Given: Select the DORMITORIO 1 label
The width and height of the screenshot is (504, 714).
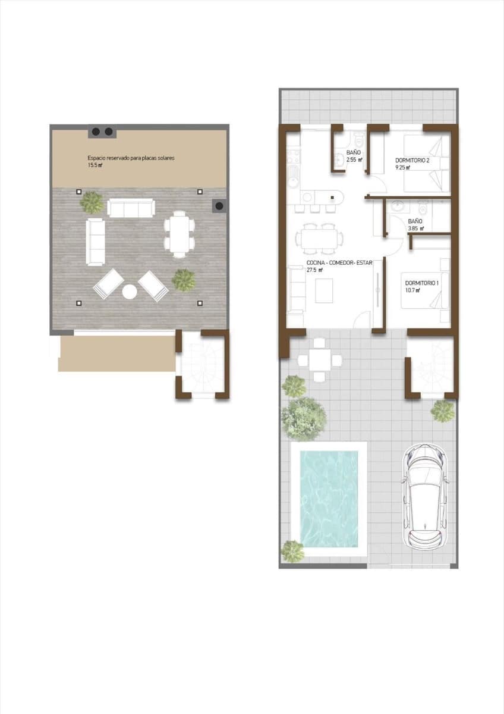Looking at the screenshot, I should pos(421,283).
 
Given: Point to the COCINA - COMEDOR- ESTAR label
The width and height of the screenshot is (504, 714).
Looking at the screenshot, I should pos(339,262).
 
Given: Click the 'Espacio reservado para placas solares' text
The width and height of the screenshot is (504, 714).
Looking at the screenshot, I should pos(131,158).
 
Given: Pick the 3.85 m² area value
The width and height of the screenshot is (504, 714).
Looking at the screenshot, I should pos(415,228).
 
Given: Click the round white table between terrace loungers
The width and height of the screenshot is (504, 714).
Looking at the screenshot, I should pos(130,292).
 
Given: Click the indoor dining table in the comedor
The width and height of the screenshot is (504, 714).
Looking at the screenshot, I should pos(318,239).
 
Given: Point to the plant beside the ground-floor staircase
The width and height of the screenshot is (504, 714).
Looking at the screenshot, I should pos(443,411).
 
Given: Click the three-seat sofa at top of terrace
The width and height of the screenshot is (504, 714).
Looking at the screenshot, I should pos(131,208).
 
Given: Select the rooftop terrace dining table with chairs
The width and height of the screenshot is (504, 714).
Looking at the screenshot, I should pos(179,234).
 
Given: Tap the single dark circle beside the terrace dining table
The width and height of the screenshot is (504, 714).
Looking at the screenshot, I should pos(219,206).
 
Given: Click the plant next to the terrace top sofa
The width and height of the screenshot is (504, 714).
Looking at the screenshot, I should pos(92,202).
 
